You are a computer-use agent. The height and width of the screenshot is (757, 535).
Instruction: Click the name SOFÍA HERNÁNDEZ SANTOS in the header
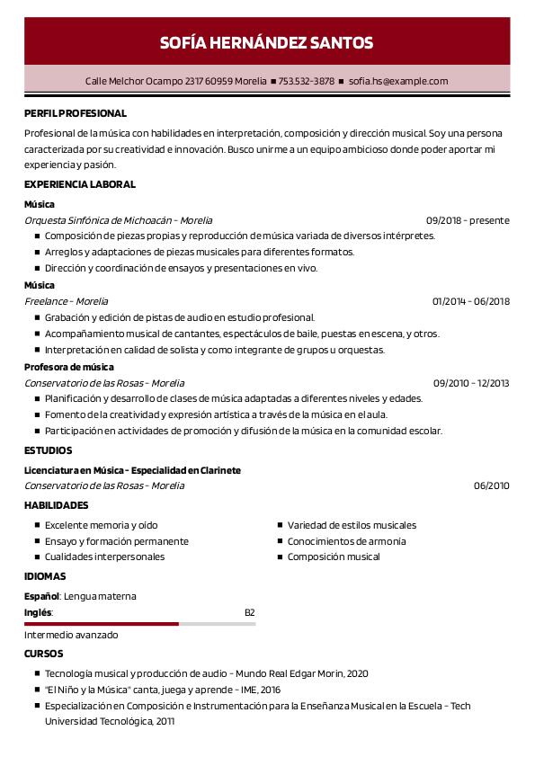tap(266, 42)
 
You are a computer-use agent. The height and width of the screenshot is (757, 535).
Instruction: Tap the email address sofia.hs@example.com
tap(397, 81)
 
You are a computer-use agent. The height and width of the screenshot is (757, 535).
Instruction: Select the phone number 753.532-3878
tap(306, 81)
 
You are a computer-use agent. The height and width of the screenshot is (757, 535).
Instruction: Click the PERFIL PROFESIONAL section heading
tap(76, 114)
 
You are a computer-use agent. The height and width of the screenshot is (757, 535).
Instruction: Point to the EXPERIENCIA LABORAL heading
tap(80, 184)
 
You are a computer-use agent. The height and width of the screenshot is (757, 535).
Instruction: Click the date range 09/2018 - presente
tap(468, 220)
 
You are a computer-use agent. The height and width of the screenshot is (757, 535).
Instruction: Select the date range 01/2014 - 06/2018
tap(470, 301)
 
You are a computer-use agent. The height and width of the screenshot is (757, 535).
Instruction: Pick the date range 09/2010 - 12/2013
tap(470, 383)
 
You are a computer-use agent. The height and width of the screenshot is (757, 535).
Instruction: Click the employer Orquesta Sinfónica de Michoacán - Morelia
tap(119, 220)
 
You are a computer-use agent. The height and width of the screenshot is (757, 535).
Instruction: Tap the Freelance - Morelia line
tap(67, 301)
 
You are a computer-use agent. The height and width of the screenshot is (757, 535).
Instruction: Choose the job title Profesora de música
tap(69, 367)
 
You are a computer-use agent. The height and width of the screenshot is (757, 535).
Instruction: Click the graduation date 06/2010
tap(491, 485)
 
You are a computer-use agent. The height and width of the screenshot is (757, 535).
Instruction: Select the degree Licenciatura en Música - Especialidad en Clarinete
tap(132, 470)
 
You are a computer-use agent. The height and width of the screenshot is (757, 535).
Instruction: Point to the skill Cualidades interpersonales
tap(105, 557)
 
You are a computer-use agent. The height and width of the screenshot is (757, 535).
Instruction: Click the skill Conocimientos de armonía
tap(346, 541)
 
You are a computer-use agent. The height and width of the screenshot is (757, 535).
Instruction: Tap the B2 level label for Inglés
tap(250, 612)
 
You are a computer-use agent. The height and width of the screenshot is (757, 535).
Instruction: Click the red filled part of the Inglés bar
tap(101, 623)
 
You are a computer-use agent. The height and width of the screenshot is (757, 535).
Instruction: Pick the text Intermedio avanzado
tap(71, 635)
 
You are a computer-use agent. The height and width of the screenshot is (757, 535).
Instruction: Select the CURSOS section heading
tap(44, 654)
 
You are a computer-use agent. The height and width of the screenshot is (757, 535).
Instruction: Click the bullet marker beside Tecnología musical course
tap(37, 673)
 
